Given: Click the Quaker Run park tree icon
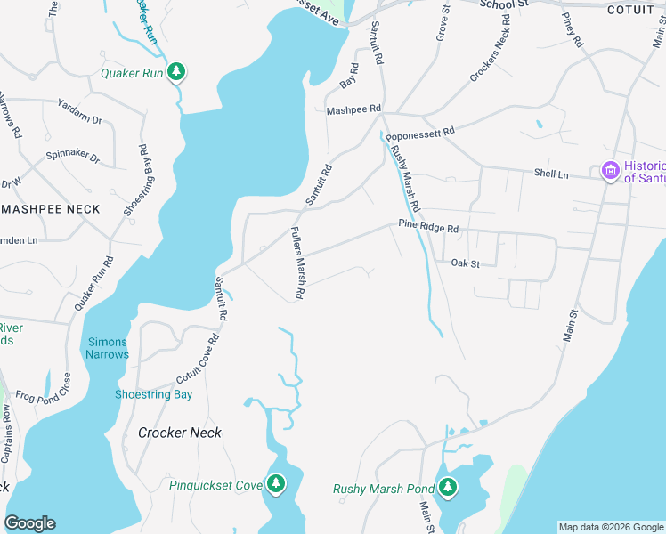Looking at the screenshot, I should click(x=177, y=72).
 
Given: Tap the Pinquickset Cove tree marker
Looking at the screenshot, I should click(x=277, y=484).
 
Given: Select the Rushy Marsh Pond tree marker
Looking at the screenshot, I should click(x=448, y=488).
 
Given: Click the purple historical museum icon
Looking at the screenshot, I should click(x=610, y=171).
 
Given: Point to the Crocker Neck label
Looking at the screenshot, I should click(x=180, y=433).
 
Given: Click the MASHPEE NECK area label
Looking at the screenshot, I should click(x=50, y=209).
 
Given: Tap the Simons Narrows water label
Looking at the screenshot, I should click(x=108, y=348).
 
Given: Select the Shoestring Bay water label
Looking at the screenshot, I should click(x=154, y=394).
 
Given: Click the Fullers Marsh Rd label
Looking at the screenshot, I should click(x=298, y=263).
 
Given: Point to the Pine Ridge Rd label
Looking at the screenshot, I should click(x=428, y=228).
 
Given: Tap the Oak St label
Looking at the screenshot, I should click(x=465, y=263).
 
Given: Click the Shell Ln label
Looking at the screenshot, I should click(x=550, y=174).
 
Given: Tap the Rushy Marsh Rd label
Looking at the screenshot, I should click(x=405, y=177).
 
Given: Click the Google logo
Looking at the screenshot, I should click(x=29, y=523).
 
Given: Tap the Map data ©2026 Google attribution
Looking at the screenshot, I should click(x=611, y=527).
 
